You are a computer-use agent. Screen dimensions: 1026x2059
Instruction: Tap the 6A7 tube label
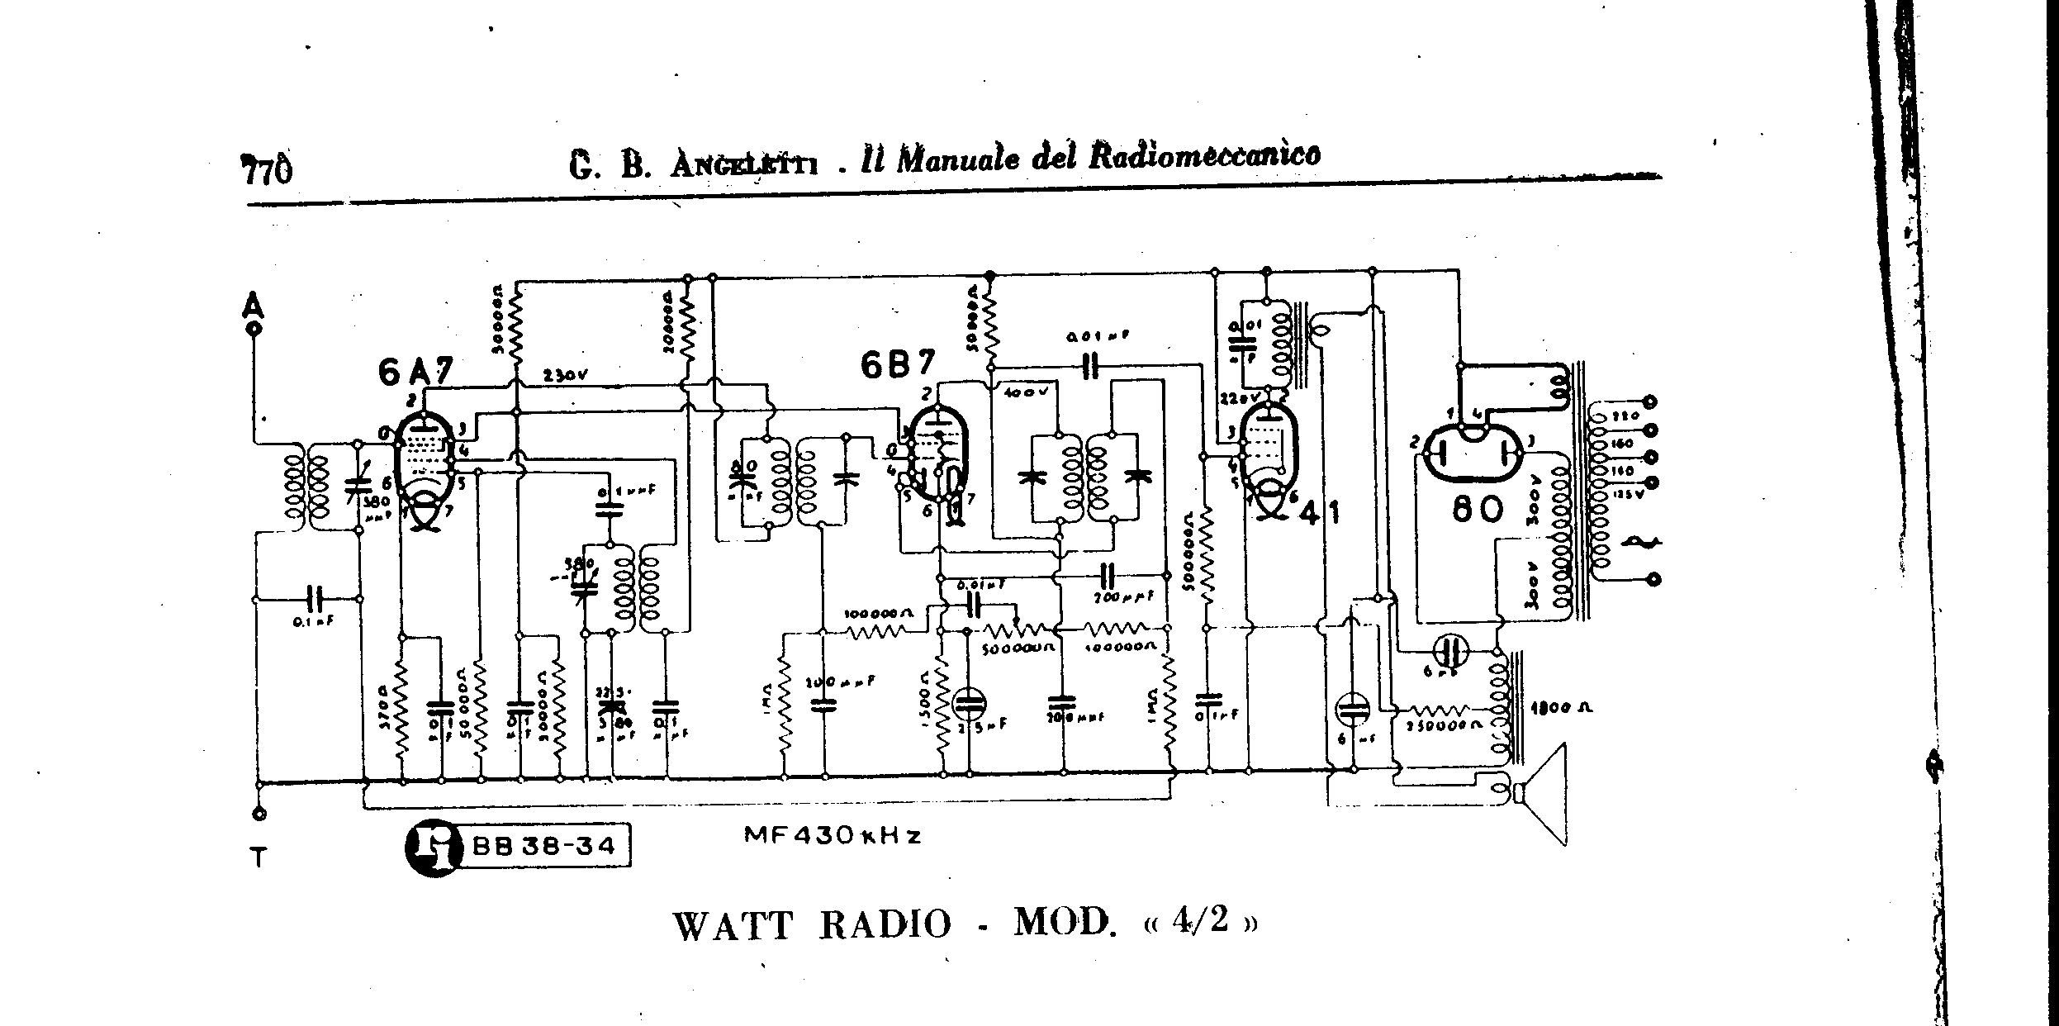pos(415,373)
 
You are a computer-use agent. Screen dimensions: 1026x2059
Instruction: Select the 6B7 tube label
pos(898,364)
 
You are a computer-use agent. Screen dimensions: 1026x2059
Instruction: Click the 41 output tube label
pos(1319,513)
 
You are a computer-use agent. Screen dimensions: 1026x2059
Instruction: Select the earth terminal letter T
pos(259,858)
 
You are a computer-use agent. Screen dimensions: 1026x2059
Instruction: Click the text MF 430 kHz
pos(833,835)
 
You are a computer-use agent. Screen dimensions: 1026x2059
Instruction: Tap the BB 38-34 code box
pos(543,846)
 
